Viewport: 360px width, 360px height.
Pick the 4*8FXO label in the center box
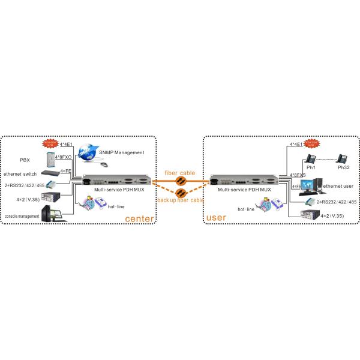pos(64,157)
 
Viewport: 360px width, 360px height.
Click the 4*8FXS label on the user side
pos(298,175)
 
